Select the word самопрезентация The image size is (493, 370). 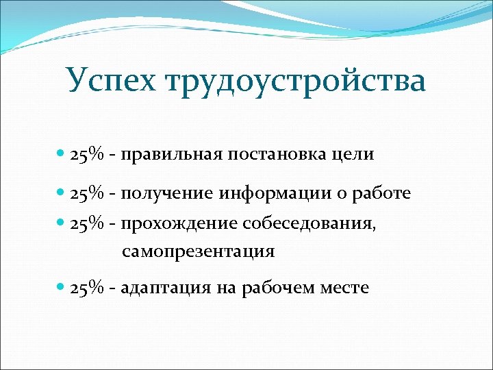pyautogui.click(x=199, y=252)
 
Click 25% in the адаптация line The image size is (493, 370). pyautogui.click(x=87, y=288)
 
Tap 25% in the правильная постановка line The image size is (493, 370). pyautogui.click(x=87, y=155)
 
